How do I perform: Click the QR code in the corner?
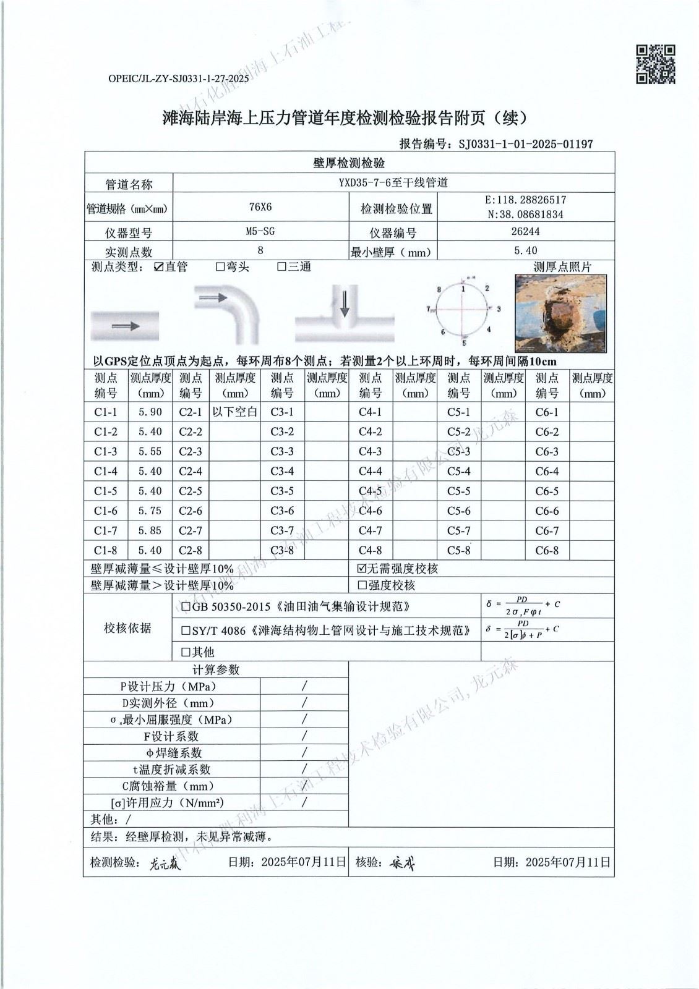[656, 64]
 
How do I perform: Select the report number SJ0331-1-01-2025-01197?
[526, 144]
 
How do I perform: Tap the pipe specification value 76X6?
[260, 208]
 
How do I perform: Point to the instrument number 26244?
[526, 231]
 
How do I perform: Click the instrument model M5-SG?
[260, 231]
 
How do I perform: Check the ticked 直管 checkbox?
[159, 267]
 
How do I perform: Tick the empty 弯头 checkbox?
[220, 267]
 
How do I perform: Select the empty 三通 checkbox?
[281, 267]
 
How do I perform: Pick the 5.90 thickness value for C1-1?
[150, 412]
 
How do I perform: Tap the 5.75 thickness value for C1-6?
[150, 511]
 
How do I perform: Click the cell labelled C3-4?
[282, 472]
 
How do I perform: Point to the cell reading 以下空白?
[235, 412]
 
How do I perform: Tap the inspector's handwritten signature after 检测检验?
[165, 864]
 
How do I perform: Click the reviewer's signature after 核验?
[401, 864]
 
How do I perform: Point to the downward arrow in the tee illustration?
[345, 303]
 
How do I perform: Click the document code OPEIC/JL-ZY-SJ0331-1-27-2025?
[178, 79]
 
